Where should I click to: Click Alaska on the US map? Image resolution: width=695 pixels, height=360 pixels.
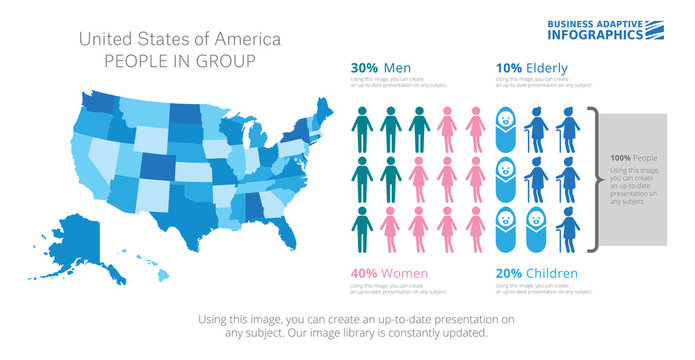[70, 239]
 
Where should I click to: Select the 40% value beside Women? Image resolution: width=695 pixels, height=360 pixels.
[364, 273]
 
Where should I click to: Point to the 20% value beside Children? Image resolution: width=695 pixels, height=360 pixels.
[510, 273]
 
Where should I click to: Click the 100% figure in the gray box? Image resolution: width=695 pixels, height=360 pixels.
[621, 158]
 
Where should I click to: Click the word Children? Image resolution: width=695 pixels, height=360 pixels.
[556, 273]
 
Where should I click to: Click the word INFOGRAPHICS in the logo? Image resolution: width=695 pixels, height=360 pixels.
[594, 35]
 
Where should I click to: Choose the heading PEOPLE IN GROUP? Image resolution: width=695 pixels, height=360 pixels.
[180, 61]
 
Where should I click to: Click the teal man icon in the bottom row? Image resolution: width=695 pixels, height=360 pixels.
[362, 229]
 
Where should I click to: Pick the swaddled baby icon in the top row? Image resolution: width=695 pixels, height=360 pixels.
[508, 130]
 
